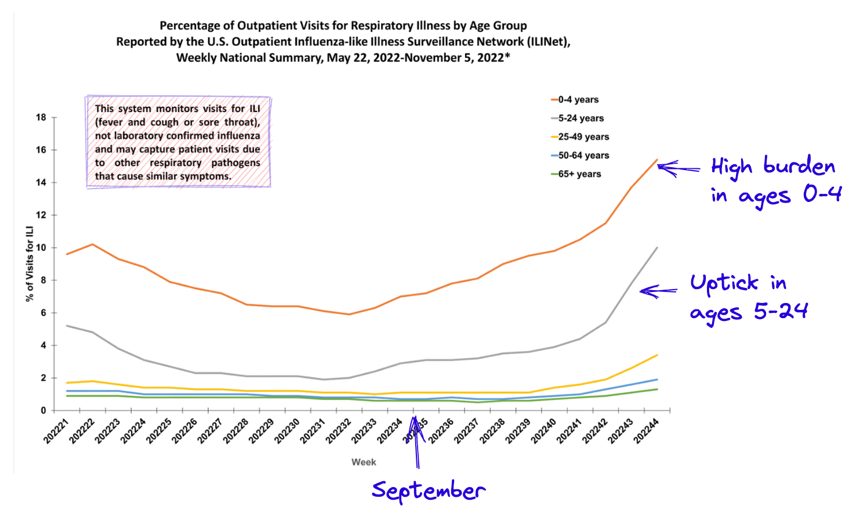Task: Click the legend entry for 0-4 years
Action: [578, 100]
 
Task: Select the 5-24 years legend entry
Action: [581, 118]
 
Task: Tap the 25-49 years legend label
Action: [583, 137]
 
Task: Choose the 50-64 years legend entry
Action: [583, 156]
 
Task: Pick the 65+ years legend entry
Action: [579, 174]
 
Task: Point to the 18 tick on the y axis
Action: [41, 117]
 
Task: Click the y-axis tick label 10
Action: [41, 248]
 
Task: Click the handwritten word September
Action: [429, 491]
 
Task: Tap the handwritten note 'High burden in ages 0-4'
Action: [776, 181]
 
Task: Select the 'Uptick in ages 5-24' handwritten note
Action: [748, 297]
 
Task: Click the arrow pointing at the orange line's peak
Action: [679, 168]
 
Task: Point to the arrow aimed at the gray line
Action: [658, 291]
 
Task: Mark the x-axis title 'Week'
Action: [364, 462]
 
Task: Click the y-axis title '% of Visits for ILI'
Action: [29, 264]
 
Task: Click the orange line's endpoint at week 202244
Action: [657, 160]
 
